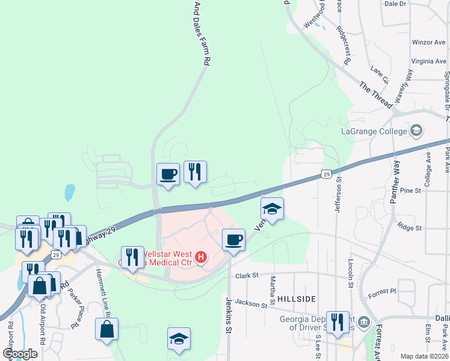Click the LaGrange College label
click(x=374, y=131)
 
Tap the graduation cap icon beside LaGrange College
click(x=416, y=131)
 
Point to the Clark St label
click(x=246, y=275)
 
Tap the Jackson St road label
click(x=250, y=303)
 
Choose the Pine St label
click(x=410, y=190)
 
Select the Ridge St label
click(x=409, y=228)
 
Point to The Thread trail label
click(x=375, y=94)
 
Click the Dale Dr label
click(x=395, y=4)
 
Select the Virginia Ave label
click(x=429, y=61)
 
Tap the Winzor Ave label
click(x=428, y=43)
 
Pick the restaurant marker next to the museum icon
click(x=337, y=322)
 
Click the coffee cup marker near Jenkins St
click(x=233, y=239)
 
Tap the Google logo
click(x=20, y=353)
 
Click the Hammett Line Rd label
click(x=102, y=292)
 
